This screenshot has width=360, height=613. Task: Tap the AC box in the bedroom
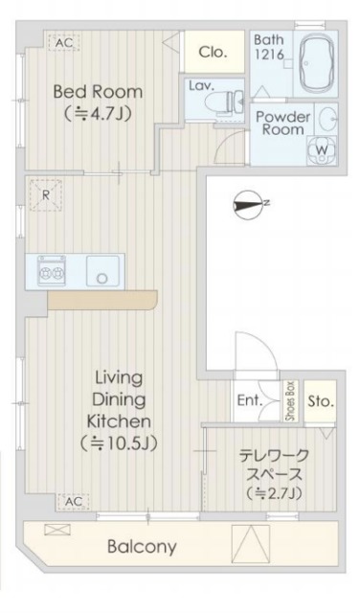pyautogui.click(x=64, y=43)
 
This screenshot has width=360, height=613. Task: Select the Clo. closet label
pyautogui.click(x=213, y=53)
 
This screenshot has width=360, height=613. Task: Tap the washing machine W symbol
pyautogui.click(x=321, y=150)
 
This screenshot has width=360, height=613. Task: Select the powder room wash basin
pyautogui.click(x=326, y=119)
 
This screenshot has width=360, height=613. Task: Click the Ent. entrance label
pyautogui.click(x=249, y=400)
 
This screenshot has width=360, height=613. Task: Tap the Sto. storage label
pyautogui.click(x=321, y=400)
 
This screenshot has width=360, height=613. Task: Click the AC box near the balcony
pyautogui.click(x=73, y=500)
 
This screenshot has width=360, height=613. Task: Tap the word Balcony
pyautogui.click(x=143, y=547)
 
